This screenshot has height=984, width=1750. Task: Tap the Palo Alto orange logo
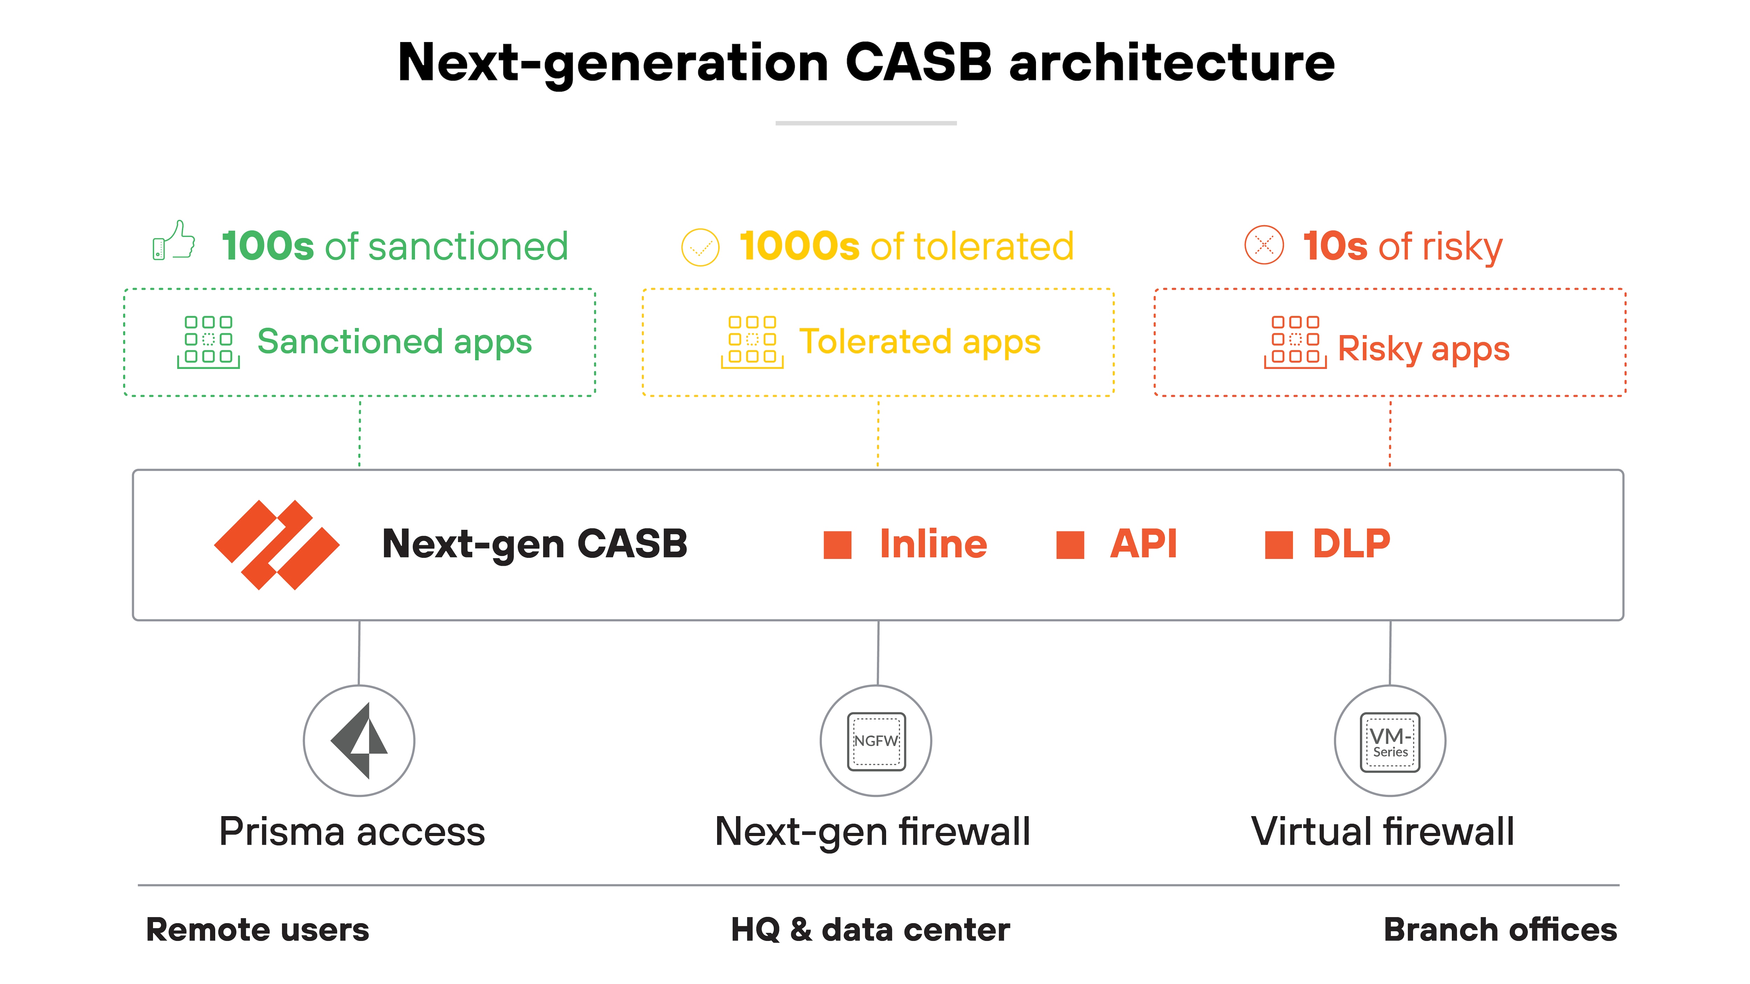pos(276,544)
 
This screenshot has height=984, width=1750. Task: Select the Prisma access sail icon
pos(359,740)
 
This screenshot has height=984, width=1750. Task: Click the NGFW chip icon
pos(876,741)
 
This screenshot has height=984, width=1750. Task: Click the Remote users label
pos(258,930)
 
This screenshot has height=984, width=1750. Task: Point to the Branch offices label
pos(1500,930)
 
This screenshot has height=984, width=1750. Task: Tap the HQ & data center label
pos(870,930)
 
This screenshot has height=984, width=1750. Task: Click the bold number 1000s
pos(800,246)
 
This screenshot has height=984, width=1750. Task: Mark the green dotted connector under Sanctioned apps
pos(360,433)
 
